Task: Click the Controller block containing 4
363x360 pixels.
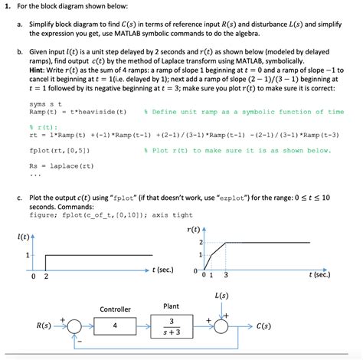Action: [116, 326]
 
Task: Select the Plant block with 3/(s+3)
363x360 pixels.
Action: [174, 326]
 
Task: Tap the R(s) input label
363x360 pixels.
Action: [49, 326]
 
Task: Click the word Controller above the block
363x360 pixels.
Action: [115, 309]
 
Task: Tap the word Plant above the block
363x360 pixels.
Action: [172, 306]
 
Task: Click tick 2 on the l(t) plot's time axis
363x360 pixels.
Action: [46, 275]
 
